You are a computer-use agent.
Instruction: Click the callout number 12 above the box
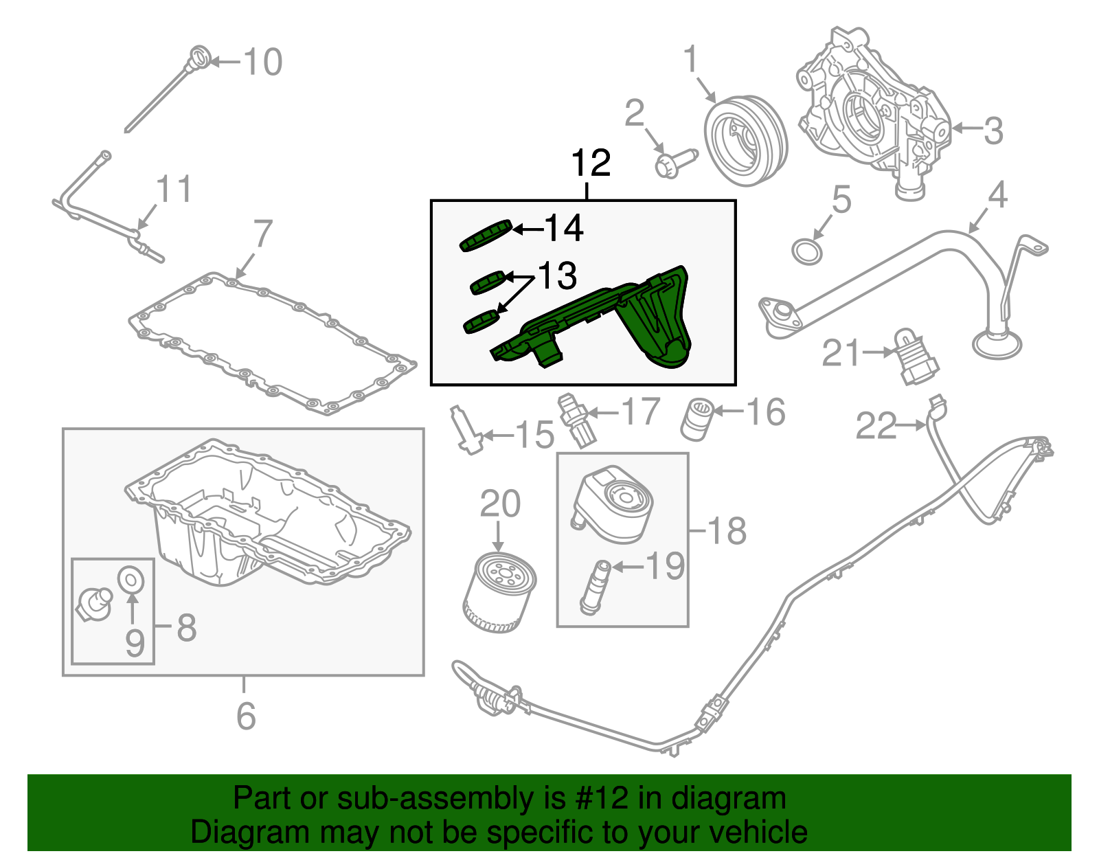coord(590,163)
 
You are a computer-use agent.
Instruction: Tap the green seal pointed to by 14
coord(486,236)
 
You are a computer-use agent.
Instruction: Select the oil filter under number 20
coord(499,592)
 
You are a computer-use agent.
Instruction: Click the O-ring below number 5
coord(807,251)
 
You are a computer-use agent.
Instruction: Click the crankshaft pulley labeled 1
coord(745,140)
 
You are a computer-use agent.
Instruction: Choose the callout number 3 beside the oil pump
coord(993,131)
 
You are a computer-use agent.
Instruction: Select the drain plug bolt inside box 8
coord(94,602)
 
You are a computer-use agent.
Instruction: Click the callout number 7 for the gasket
coord(262,234)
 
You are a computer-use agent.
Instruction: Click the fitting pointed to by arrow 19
coord(594,587)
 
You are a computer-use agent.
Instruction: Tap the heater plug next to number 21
coord(914,357)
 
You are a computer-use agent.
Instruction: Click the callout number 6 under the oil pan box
coord(245,716)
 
